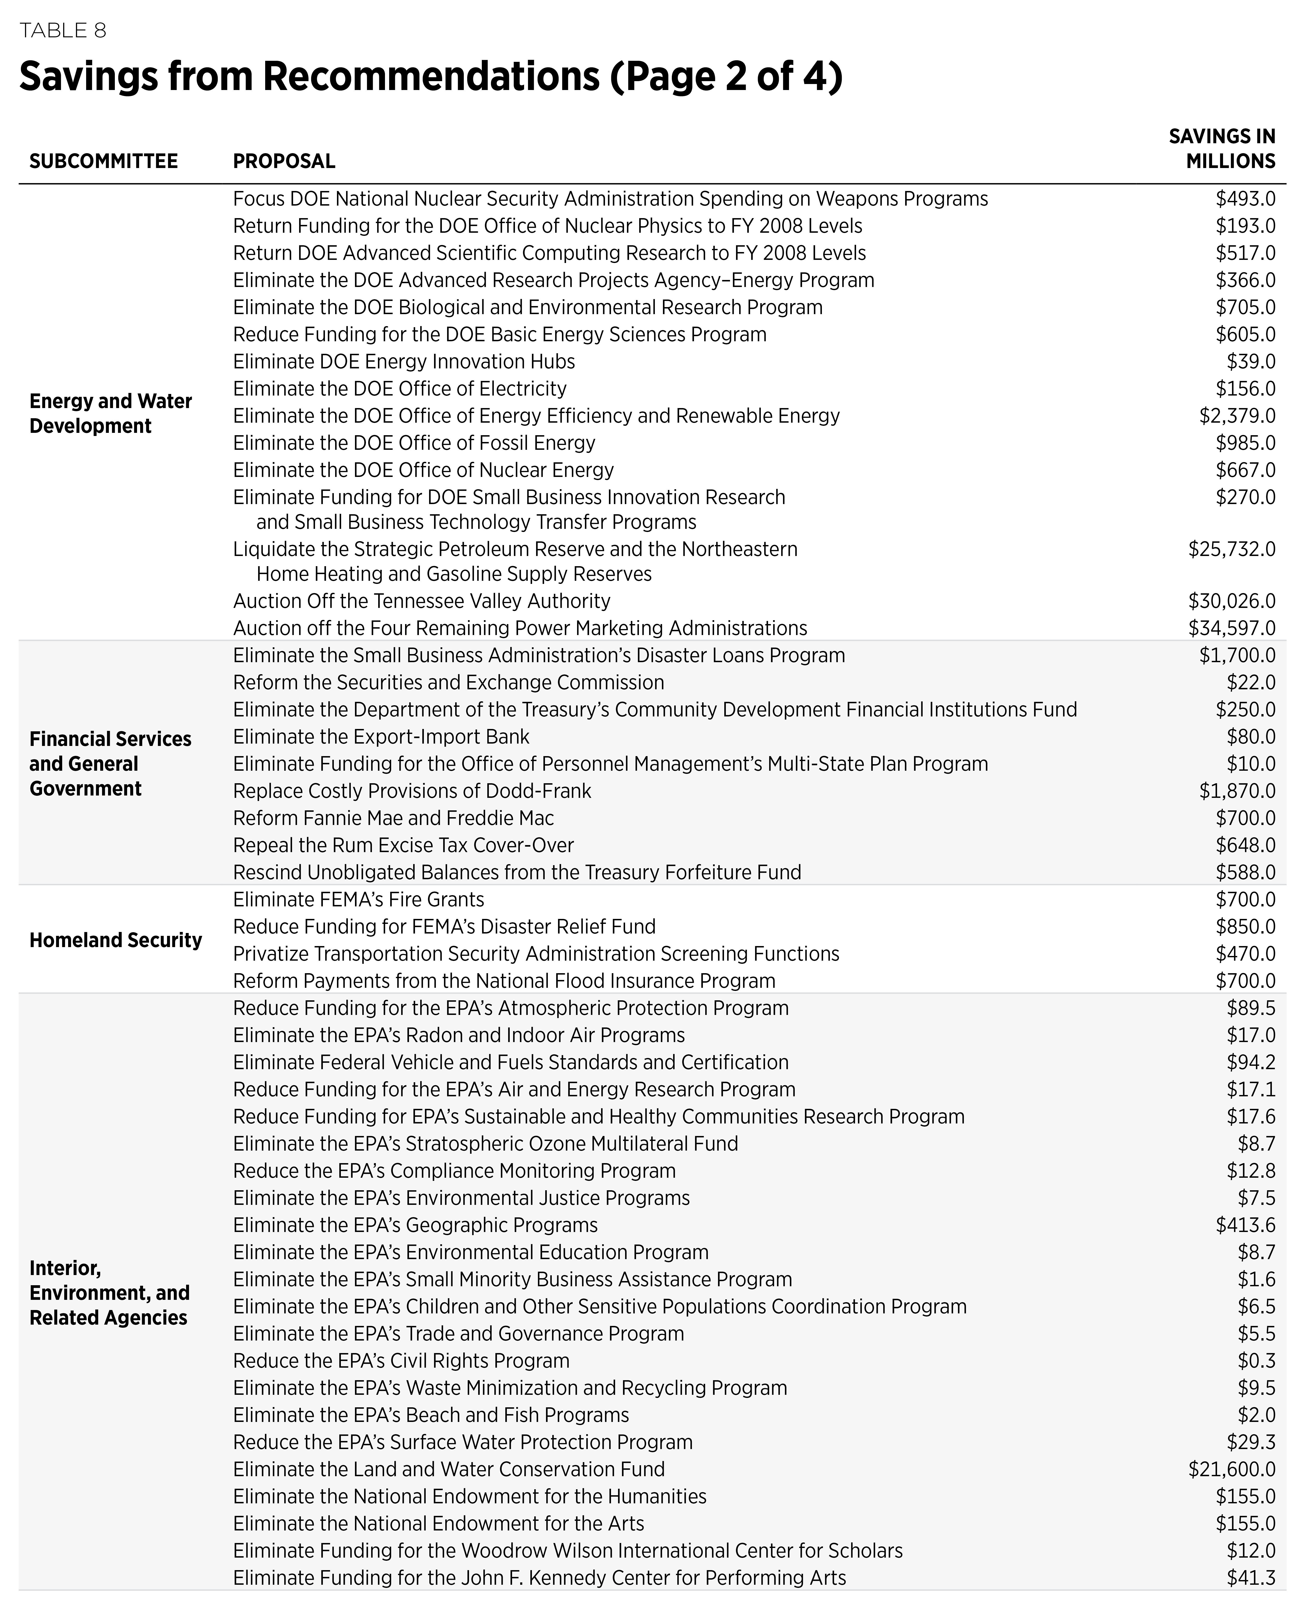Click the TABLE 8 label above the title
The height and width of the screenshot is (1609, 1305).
pyautogui.click(x=63, y=31)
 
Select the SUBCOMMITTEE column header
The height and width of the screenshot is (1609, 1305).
pyautogui.click(x=104, y=161)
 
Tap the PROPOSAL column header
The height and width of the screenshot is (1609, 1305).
pyautogui.click(x=284, y=161)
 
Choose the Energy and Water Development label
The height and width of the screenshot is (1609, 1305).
pyautogui.click(x=110, y=413)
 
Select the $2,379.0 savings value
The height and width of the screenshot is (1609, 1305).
pyautogui.click(x=1237, y=416)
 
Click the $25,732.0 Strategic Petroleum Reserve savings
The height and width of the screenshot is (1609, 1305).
pyautogui.click(x=1231, y=549)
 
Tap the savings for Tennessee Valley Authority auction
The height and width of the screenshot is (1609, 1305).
pyautogui.click(x=1231, y=601)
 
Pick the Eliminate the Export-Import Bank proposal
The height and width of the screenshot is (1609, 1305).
pyautogui.click(x=381, y=737)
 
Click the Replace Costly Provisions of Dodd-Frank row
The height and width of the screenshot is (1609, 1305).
pyautogui.click(x=412, y=791)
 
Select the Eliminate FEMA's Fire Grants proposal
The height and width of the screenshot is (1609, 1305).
pyautogui.click(x=359, y=900)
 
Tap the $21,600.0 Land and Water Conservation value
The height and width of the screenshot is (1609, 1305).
pyautogui.click(x=1231, y=1469)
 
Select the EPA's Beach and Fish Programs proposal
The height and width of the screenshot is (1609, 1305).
pyautogui.click(x=431, y=1415)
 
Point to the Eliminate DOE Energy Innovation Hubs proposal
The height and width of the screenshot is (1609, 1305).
pyautogui.click(x=404, y=361)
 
